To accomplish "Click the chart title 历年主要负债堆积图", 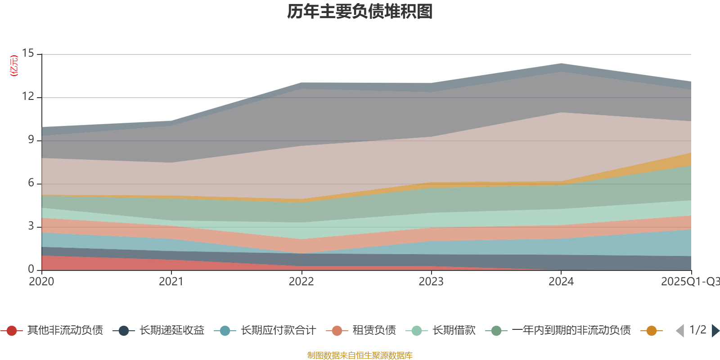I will click(x=360, y=12).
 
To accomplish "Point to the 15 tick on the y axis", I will click(x=28, y=53).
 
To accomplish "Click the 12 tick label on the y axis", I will click(x=28, y=96).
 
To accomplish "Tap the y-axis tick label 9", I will click(x=31, y=139).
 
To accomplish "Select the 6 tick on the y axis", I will click(x=31, y=183).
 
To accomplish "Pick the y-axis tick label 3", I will click(x=31, y=226).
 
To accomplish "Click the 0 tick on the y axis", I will click(x=31, y=269).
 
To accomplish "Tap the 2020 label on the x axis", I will click(x=41, y=282).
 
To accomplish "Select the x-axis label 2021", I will click(x=171, y=282).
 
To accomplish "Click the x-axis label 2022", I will click(x=301, y=282).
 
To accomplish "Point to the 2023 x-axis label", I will click(x=431, y=282).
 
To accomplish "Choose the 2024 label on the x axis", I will click(x=561, y=282).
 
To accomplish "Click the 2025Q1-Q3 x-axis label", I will click(x=689, y=282).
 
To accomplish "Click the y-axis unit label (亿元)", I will click(x=14, y=66).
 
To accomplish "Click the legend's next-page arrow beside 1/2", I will click(x=715, y=331).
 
